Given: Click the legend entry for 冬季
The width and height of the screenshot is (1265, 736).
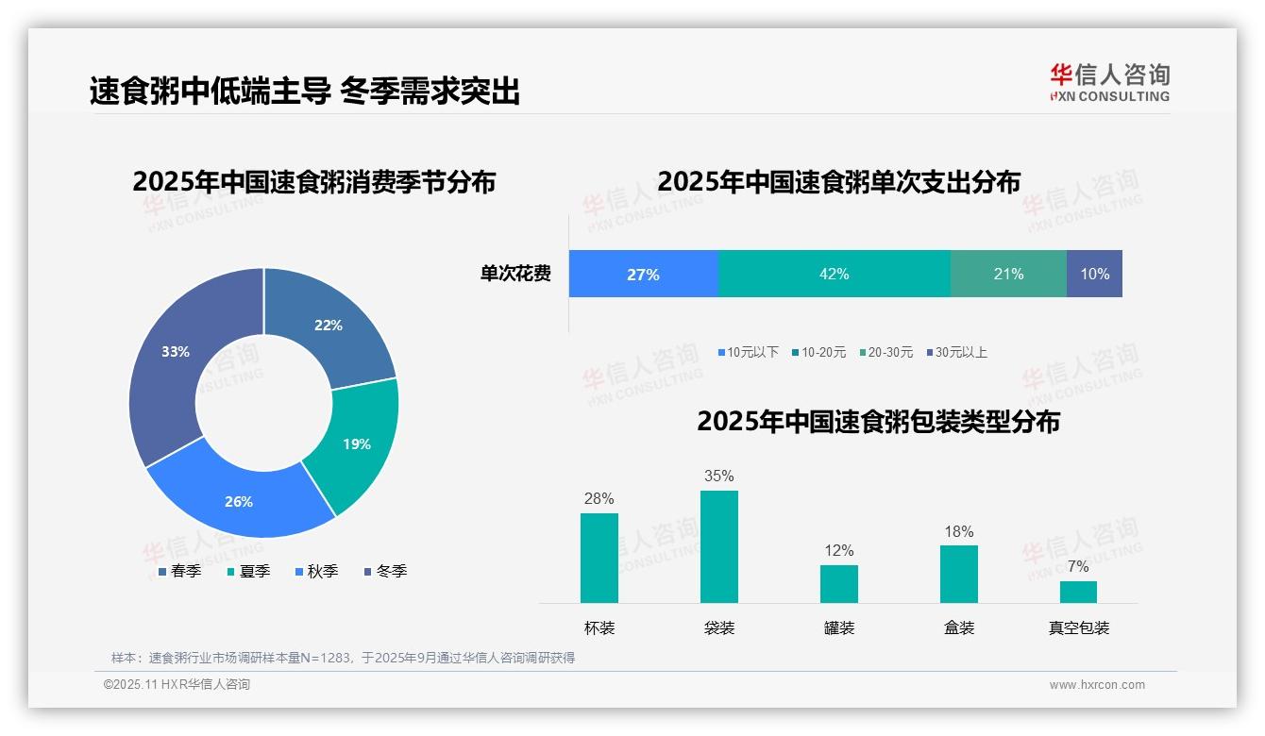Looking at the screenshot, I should pos(385,572).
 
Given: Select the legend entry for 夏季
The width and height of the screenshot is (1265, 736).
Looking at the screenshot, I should pos(249,572).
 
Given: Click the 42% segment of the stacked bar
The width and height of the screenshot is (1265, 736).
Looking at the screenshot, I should pos(835,274).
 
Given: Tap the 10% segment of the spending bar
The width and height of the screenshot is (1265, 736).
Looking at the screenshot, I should pos(1094,274).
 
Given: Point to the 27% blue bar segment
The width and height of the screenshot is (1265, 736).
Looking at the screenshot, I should pos(643,274).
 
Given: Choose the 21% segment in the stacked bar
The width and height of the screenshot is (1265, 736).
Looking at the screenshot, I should pos(1008,274).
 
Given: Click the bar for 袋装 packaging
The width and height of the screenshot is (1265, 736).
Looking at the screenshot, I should pos(718,547).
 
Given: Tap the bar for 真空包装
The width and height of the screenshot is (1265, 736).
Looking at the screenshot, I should pos(1078,592).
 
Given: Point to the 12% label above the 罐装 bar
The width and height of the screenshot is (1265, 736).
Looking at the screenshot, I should pos(838,551).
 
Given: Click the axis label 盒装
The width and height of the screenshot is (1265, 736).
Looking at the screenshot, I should pos(958,628).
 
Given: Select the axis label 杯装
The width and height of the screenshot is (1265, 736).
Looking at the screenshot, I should pos(599,628).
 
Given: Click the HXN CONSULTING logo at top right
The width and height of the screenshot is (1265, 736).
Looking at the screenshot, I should pos(1109,83).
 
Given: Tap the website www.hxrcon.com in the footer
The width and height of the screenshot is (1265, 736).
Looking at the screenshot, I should pos(1097,685).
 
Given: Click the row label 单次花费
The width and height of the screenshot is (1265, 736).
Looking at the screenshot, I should pos(515,275).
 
